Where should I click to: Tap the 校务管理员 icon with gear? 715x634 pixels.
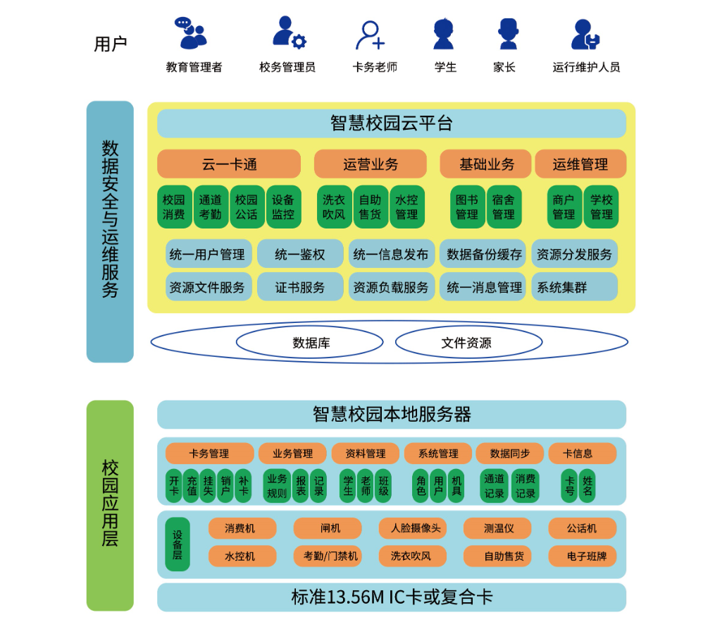(288, 32)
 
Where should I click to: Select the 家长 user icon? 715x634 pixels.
(508, 33)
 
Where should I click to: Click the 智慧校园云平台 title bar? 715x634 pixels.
(391, 123)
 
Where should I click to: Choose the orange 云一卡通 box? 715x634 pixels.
(229, 164)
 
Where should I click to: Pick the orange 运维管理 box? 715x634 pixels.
(580, 164)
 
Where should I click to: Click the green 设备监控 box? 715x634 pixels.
(283, 207)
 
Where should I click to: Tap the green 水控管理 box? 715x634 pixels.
(407, 207)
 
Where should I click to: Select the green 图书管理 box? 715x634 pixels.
(467, 207)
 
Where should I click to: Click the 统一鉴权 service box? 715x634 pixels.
(300, 255)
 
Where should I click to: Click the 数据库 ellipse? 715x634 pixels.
(310, 343)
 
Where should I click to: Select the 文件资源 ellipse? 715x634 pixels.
(468, 343)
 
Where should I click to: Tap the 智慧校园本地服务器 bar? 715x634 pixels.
(391, 415)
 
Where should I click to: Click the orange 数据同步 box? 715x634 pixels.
(510, 453)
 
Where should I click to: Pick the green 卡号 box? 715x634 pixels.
(569, 486)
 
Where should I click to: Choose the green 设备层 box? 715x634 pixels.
(178, 544)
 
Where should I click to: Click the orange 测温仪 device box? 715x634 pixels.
(497, 528)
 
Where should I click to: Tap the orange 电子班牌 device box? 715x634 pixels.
(582, 556)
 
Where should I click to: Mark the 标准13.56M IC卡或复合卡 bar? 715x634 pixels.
(391, 597)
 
